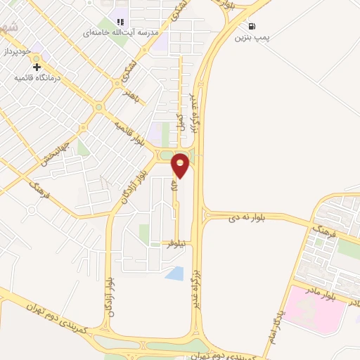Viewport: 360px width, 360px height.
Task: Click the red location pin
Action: [x=181, y=165]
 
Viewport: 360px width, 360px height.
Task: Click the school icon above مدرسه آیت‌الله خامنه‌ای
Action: [x=120, y=22]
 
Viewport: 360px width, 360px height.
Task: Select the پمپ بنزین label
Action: [x=251, y=35]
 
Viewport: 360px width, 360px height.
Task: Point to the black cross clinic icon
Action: [x=37, y=67]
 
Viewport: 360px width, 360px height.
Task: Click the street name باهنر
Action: [x=131, y=94]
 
